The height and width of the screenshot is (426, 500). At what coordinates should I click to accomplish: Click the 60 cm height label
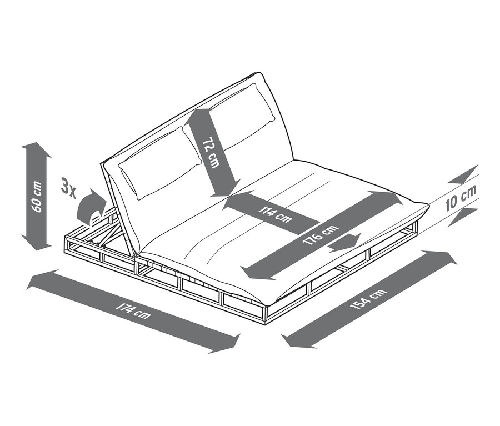click(x=37, y=197)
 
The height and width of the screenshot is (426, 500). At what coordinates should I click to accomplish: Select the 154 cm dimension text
click(x=368, y=298)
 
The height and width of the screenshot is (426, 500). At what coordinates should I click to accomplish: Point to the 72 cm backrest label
click(x=211, y=152)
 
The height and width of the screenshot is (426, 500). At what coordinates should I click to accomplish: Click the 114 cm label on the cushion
click(x=276, y=214)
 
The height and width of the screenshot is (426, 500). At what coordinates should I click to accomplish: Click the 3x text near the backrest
click(x=68, y=188)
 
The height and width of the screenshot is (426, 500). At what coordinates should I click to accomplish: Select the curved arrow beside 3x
click(x=91, y=207)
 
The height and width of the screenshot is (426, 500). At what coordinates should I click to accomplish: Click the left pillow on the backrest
click(x=159, y=163)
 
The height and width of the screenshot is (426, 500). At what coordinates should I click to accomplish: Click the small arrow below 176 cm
click(x=345, y=242)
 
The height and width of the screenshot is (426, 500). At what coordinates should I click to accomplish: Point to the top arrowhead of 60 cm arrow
click(x=36, y=149)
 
